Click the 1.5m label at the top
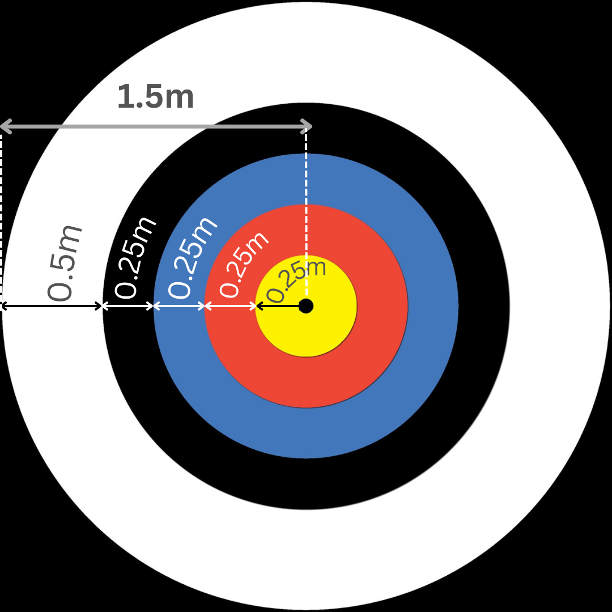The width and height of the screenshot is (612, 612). pos(155,97)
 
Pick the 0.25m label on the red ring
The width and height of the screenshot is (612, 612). pos(244,263)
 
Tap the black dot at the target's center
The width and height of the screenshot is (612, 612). pos(306,306)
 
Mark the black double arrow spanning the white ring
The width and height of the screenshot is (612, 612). pos(52,306)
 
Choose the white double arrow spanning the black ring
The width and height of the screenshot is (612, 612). pos(128,306)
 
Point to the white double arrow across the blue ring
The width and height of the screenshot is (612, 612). pos(179,306)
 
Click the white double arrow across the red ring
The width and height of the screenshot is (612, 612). pos(230,306)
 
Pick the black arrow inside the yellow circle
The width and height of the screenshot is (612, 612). pos(278,306)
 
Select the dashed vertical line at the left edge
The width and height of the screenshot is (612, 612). pos(2,215)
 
